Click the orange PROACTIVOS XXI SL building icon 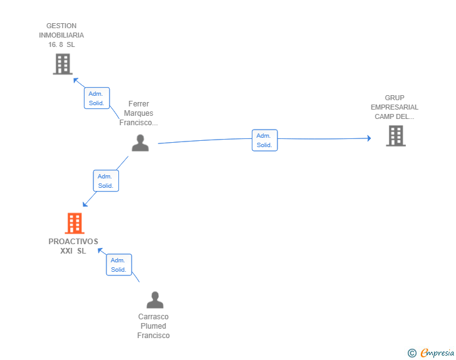(75, 224)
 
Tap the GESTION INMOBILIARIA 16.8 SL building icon (63, 64)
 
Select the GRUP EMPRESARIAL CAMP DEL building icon (396, 136)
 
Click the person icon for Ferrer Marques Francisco (140, 143)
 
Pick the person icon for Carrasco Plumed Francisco (155, 300)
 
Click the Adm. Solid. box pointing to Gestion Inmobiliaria (97, 98)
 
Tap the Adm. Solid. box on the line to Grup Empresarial (264, 140)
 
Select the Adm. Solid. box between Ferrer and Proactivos (106, 180)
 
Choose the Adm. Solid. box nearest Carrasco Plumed (119, 265)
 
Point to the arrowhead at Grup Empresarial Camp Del (369, 138)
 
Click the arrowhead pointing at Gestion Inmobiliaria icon (76, 80)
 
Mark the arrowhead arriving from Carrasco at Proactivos (100, 250)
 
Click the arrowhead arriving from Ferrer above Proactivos (85, 204)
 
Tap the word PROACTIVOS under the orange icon (73, 242)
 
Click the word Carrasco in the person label (153, 317)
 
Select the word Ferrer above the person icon (138, 104)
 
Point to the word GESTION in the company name (61, 26)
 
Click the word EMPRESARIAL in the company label (395, 107)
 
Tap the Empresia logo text (437, 352)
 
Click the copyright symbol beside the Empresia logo (412, 353)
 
